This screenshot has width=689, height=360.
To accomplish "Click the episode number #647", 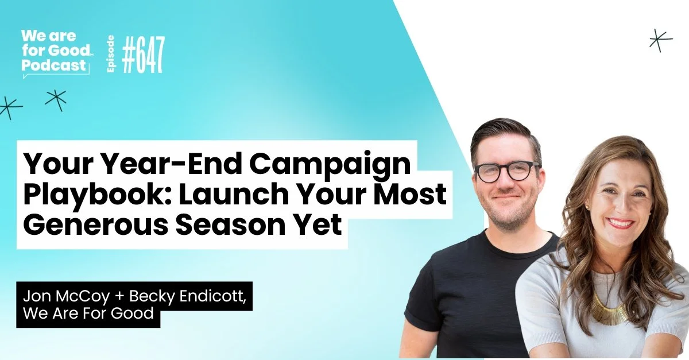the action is pyautogui.click(x=144, y=55).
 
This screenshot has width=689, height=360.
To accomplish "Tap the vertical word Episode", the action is pyautogui.click(x=111, y=54).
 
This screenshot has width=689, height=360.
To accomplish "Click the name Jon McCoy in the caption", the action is pyautogui.click(x=67, y=296).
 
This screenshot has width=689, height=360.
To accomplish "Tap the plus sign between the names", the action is pyautogui.click(x=119, y=297).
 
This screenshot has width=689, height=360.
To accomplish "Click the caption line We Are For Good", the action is pyautogui.click(x=88, y=313).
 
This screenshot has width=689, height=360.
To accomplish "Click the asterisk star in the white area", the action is pyautogui.click(x=661, y=40).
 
